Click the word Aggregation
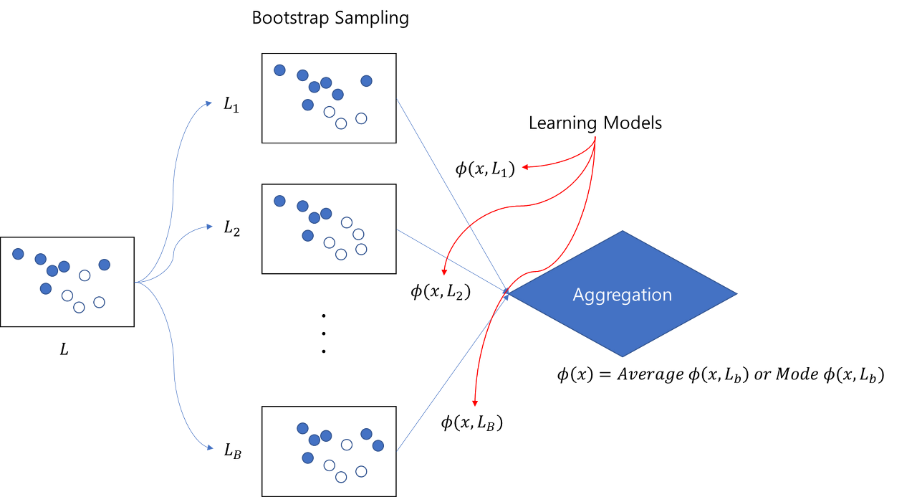coord(622,295)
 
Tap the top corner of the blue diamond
coord(622,232)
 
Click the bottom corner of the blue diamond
coord(622,356)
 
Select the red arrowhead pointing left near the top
coord(525,166)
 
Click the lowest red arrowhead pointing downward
coord(474,404)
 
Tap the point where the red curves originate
coord(595,139)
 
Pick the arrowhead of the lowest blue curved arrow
coord(210,448)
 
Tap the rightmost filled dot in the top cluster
coord(366,81)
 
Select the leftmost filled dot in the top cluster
coord(279,70)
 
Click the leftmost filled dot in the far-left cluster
coord(18,254)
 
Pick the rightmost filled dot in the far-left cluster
coord(105,265)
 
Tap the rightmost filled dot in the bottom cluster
coord(378,445)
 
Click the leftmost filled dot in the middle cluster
coord(279,201)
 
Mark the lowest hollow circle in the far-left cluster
coord(79,308)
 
